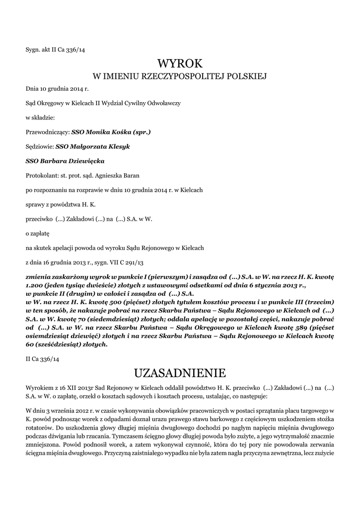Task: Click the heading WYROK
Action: coord(180,63)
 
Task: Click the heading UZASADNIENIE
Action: coord(180,372)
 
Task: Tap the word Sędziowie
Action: coord(40,146)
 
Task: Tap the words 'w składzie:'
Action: coord(40,118)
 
